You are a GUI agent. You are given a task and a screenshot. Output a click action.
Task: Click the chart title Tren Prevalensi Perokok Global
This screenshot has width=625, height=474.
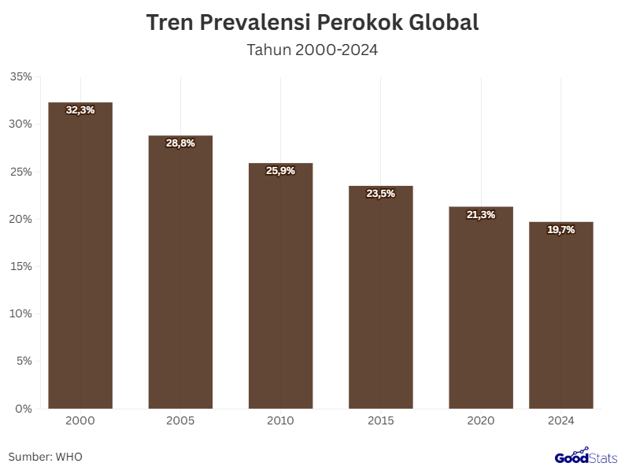[x=312, y=23]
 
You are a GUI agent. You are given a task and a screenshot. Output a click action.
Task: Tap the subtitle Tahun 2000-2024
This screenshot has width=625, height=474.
[x=312, y=50]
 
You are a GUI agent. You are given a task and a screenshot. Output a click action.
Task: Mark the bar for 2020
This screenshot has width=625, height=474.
[x=481, y=308]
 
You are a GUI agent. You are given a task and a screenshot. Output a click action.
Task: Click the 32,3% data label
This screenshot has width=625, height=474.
[x=80, y=110]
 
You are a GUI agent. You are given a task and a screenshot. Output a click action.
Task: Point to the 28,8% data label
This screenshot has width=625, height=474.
[x=180, y=143]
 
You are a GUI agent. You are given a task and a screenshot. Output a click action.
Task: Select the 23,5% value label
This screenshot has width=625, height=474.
[x=381, y=194]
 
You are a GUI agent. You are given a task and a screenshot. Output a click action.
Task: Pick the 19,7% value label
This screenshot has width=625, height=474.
[x=561, y=230]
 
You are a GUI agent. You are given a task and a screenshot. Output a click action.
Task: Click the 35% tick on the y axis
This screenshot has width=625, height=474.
[x=20, y=76]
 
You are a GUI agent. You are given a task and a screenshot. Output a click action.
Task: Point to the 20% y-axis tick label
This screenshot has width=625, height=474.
[x=20, y=219]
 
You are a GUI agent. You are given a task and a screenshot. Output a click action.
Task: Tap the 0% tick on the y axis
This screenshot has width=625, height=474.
[x=24, y=409]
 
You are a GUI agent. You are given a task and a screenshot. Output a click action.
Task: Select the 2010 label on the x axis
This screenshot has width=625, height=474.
[x=280, y=421]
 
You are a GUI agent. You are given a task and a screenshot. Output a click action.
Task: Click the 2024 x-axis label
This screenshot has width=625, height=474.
[x=561, y=421]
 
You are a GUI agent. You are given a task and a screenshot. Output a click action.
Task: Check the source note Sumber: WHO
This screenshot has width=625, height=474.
[x=45, y=457]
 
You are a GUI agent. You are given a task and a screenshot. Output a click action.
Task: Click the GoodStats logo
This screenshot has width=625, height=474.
[x=586, y=457]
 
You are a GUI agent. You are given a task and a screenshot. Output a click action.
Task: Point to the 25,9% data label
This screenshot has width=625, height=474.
[x=280, y=171]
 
